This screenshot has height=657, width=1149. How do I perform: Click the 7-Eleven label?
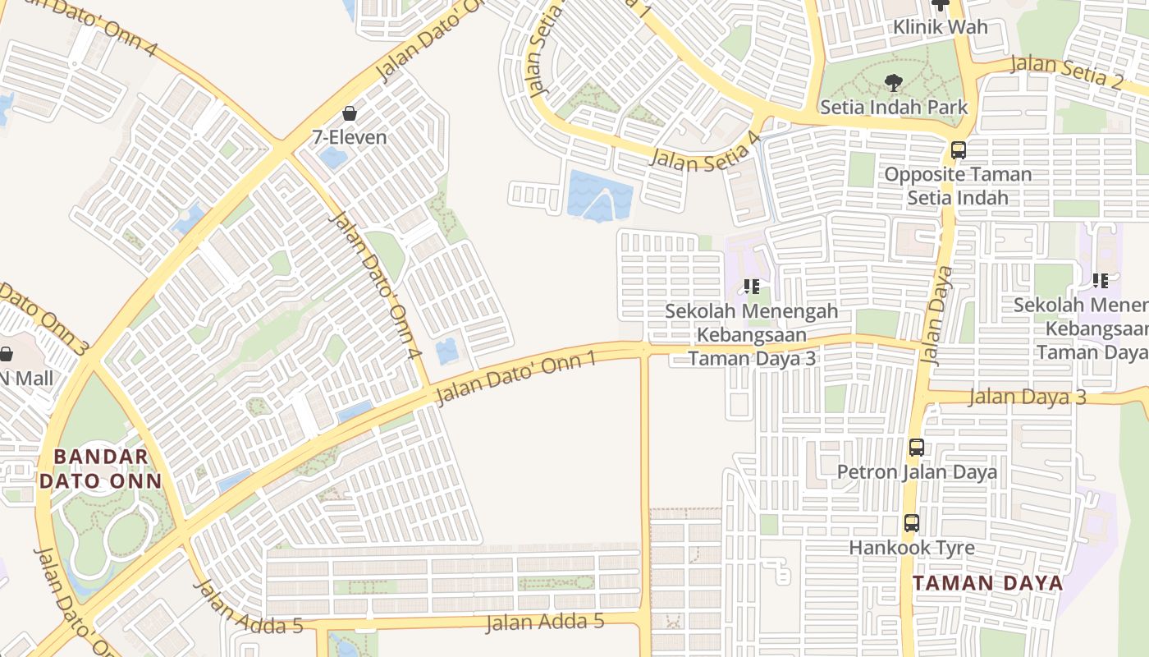[350, 137]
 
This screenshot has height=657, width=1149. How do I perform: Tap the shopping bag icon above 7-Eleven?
[350, 113]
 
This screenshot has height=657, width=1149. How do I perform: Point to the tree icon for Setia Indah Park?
[894, 82]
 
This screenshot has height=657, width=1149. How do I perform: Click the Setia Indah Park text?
[894, 107]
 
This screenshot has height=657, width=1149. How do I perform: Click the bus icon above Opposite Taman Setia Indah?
[958, 150]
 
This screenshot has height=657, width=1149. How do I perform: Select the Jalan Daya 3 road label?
[1027, 397]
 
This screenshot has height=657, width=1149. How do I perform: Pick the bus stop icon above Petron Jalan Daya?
[917, 448]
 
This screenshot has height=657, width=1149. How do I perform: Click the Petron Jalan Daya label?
[917, 472]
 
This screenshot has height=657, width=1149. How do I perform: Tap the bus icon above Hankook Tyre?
[911, 523]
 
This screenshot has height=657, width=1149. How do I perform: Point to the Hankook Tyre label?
[912, 548]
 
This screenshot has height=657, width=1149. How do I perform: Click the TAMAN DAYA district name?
[987, 583]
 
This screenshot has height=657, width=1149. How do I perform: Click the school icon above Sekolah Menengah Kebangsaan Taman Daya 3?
[751, 287]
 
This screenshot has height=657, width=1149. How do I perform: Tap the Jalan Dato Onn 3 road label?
[41, 315]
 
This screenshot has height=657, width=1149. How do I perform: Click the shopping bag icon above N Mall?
[6, 355]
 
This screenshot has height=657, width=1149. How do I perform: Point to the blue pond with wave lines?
[600, 195]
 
